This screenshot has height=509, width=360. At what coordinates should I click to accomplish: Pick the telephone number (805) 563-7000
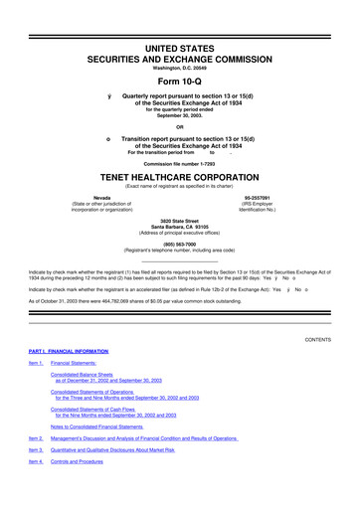pos(180,244)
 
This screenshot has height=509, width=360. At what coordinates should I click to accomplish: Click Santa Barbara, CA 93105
pos(180,227)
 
